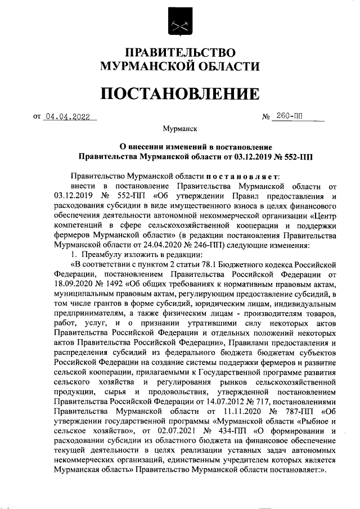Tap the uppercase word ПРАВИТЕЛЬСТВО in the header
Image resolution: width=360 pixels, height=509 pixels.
[179, 53]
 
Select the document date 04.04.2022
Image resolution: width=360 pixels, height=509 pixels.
[70, 117]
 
